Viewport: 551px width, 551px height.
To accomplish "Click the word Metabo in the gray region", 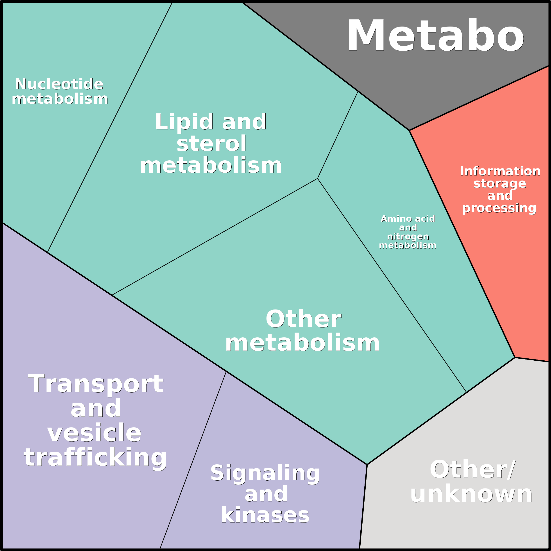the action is (x=435, y=35).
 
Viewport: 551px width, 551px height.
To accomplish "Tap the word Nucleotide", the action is (x=59, y=84).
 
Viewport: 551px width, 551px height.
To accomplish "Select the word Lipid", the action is (x=184, y=122).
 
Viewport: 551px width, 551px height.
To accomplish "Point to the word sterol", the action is (x=211, y=143).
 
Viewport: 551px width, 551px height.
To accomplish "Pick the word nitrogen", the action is (x=408, y=237).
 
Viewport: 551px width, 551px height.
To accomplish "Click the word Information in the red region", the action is (x=500, y=171).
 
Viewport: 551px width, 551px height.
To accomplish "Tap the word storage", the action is (x=500, y=184).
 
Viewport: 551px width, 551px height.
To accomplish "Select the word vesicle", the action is (x=94, y=433).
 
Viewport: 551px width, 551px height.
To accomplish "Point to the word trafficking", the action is (x=95, y=458).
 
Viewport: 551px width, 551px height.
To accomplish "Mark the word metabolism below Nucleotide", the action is (x=60, y=99).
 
